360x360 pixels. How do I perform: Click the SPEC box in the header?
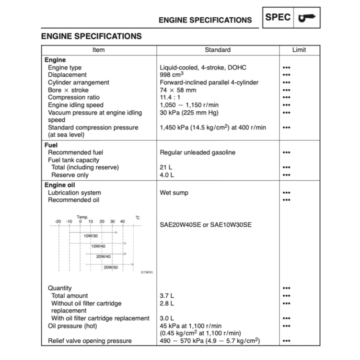(x=278, y=18)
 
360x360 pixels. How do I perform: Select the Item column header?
(x=98, y=50)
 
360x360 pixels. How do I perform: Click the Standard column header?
(x=218, y=50)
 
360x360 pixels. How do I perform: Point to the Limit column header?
(x=299, y=50)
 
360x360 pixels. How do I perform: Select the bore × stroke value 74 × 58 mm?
(x=178, y=90)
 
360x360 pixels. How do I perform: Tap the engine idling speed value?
(x=189, y=105)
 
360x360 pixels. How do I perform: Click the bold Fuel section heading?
(x=51, y=145)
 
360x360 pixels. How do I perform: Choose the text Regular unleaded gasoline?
(x=198, y=152)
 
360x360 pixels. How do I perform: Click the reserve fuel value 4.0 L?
(x=167, y=175)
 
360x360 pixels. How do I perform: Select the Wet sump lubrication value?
(x=174, y=193)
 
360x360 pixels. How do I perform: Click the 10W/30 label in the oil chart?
(x=91, y=236)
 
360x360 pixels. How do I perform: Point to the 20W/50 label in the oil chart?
(x=111, y=267)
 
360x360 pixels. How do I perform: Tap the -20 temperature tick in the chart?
(x=58, y=221)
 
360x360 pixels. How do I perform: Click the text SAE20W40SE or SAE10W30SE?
(x=206, y=224)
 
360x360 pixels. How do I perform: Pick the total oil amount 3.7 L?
(x=167, y=296)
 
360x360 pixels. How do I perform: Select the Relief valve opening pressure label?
(x=90, y=341)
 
